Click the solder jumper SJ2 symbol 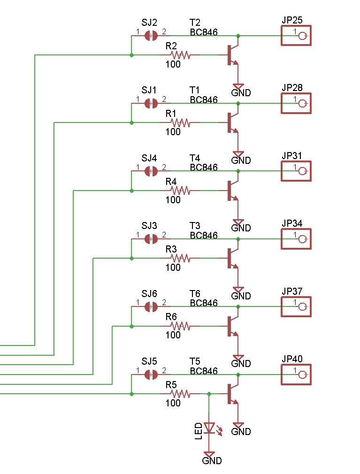tap(151, 36)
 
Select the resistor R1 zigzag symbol tap(180, 123)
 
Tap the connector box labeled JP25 tap(296, 36)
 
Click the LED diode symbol tap(209, 428)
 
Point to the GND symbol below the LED tap(209, 455)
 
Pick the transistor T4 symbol tap(233, 190)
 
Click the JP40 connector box tap(296, 375)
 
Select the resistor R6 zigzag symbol tap(180, 326)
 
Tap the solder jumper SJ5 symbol tap(151, 375)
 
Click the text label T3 tap(195, 226)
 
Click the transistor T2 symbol tap(233, 55)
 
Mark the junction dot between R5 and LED tap(209, 394)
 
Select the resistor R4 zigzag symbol tap(180, 191)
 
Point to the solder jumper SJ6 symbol tap(151, 307)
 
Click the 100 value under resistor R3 tap(173, 268)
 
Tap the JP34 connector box tap(296, 239)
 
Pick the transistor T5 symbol tap(233, 393)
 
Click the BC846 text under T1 tap(204, 100)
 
